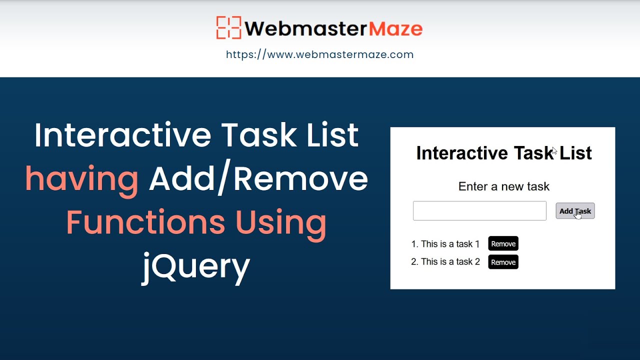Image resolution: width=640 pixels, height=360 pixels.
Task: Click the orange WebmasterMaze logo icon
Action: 228,28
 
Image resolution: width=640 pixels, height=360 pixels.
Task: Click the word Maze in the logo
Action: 395,29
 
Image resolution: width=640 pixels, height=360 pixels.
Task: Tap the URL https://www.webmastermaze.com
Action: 319,54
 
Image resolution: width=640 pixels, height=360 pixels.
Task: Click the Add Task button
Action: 575,211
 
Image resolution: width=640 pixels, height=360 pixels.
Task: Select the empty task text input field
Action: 479,211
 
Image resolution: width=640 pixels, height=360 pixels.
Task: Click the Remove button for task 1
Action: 503,244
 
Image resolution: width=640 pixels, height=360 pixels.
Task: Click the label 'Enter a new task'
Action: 503,186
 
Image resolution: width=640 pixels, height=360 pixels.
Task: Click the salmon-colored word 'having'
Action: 82,179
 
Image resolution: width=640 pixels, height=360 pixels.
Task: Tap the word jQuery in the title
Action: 195,266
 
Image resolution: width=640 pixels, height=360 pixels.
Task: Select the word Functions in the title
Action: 145,222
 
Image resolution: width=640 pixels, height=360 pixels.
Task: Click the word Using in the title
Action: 281,222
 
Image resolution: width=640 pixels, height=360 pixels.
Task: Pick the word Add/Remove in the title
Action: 258,179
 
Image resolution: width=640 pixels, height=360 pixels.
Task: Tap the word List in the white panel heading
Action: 575,153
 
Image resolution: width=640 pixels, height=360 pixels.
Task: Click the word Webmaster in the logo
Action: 305,29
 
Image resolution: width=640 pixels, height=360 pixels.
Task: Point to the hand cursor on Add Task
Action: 578,213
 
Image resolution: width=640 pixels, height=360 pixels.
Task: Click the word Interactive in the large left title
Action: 122,135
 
